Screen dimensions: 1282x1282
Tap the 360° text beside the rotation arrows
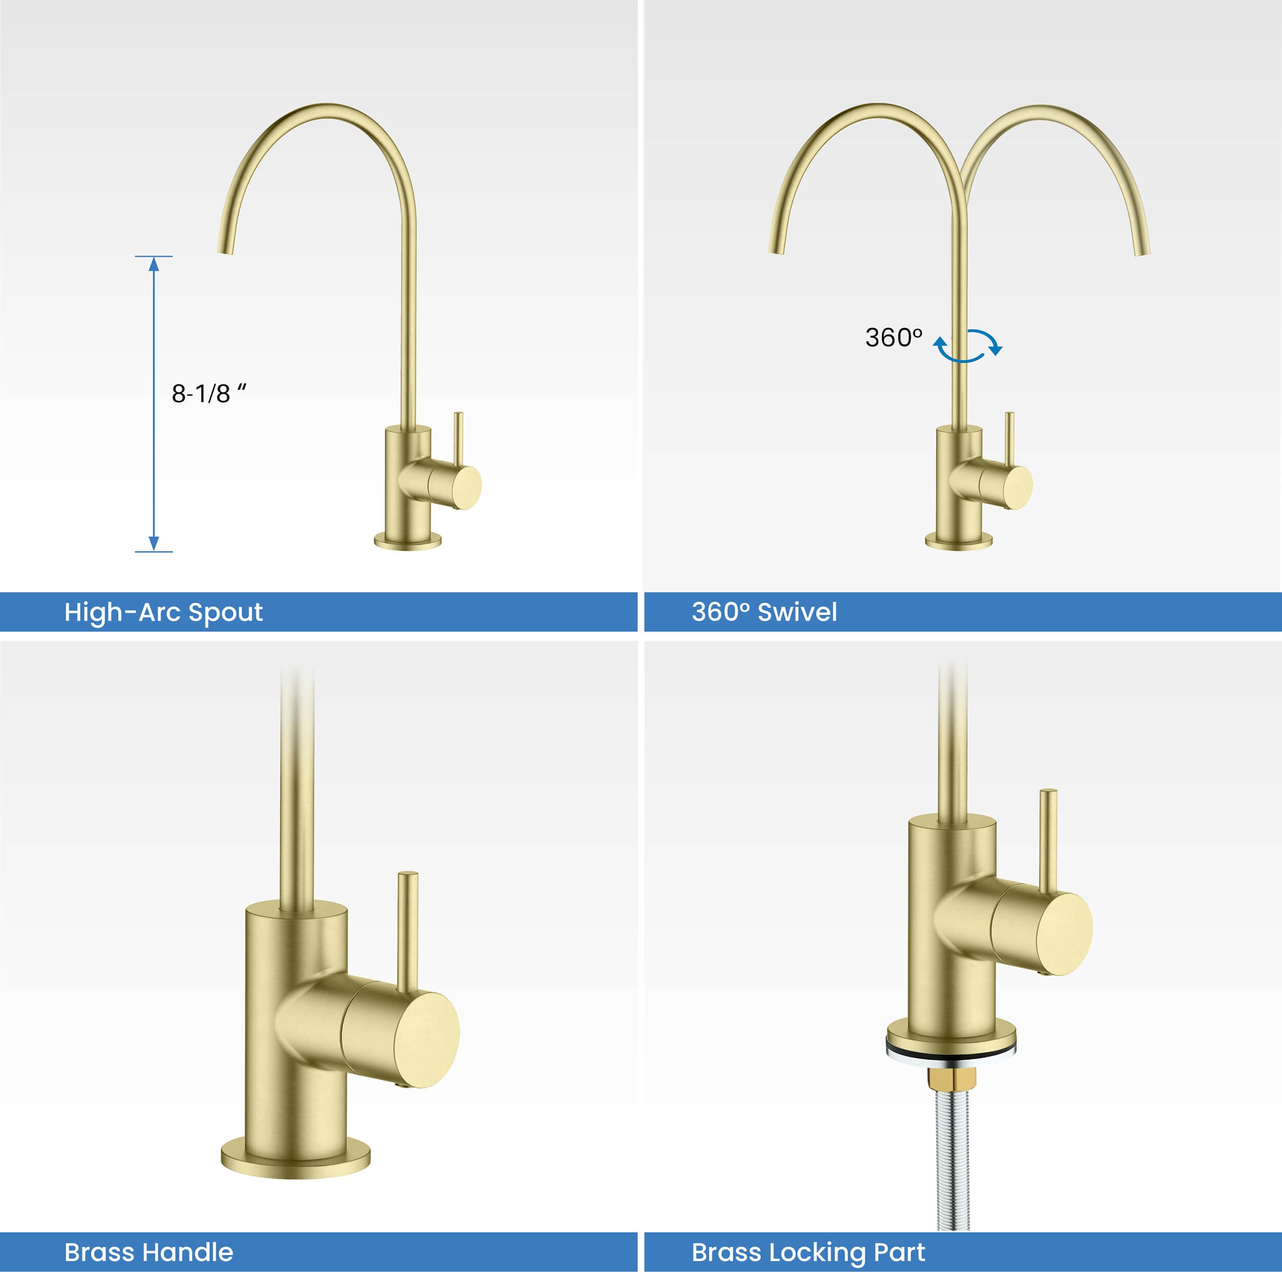click(x=894, y=338)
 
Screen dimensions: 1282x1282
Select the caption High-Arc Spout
click(x=163, y=612)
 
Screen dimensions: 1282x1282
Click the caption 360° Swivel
click(x=764, y=612)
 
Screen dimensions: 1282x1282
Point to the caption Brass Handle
click(x=149, y=1252)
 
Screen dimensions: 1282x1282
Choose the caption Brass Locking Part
click(x=808, y=1253)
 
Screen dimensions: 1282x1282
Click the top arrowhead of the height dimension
click(x=154, y=264)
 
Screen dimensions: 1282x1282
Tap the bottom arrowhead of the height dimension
click(x=154, y=544)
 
